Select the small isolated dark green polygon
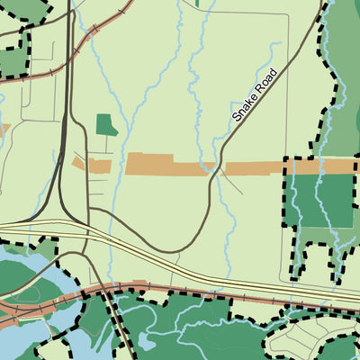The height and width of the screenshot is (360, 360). [106, 125]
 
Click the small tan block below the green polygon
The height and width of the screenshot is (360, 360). [97, 166]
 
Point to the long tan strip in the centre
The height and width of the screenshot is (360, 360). [171, 165]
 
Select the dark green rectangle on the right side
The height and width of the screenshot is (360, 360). [325, 200]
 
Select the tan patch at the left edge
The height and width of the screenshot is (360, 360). [4, 130]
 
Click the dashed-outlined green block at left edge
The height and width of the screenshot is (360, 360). [11, 58]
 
